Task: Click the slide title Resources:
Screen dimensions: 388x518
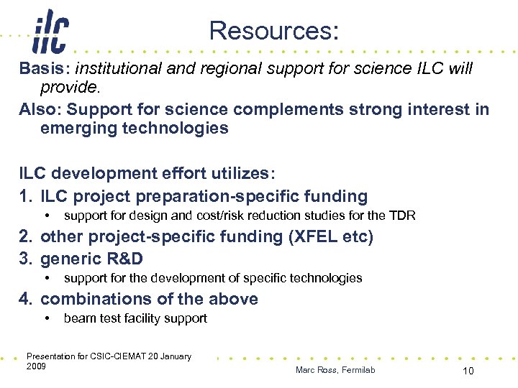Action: (x=273, y=31)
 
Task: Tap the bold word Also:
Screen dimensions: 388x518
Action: (x=40, y=110)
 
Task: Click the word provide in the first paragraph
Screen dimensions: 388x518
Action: (x=69, y=88)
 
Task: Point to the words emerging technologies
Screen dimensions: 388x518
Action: (x=135, y=129)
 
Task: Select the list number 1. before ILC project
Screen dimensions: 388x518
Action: (x=27, y=196)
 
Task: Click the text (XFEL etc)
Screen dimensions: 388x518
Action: (x=330, y=237)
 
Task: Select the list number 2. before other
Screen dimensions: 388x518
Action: (x=27, y=237)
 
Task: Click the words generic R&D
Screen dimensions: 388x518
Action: (x=91, y=259)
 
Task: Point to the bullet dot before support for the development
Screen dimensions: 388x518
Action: (x=47, y=279)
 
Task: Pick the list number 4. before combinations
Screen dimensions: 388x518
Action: (x=27, y=299)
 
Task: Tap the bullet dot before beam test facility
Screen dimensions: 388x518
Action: (x=47, y=319)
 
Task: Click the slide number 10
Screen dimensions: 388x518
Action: (x=468, y=370)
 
